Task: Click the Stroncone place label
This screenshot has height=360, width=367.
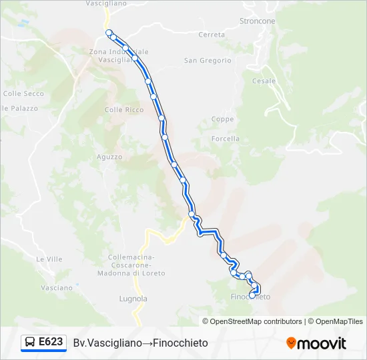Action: coord(257,21)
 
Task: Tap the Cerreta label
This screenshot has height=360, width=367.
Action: coord(212,35)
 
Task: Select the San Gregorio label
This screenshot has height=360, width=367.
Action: coord(208,61)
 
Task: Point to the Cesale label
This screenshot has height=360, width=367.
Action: coord(264,81)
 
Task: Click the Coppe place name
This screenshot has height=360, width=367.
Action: coord(222,119)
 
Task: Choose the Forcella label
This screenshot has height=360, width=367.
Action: coord(225,139)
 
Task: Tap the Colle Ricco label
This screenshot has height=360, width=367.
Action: coord(124,110)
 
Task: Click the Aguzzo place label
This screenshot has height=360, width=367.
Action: coord(109,157)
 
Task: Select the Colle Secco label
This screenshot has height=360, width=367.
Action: coord(23,94)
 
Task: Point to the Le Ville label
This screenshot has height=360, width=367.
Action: coord(49,259)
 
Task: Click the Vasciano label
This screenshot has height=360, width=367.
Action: coord(56,288)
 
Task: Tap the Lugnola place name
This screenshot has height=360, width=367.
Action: coord(133,299)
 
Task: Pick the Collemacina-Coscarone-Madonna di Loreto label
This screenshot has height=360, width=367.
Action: coord(131,265)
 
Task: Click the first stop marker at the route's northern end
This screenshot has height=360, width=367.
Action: coord(109,32)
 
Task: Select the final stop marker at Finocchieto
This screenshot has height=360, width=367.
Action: coord(252,294)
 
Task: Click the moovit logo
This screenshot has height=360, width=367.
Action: coord(316,343)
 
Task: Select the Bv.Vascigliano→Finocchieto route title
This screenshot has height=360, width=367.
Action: coord(141,343)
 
